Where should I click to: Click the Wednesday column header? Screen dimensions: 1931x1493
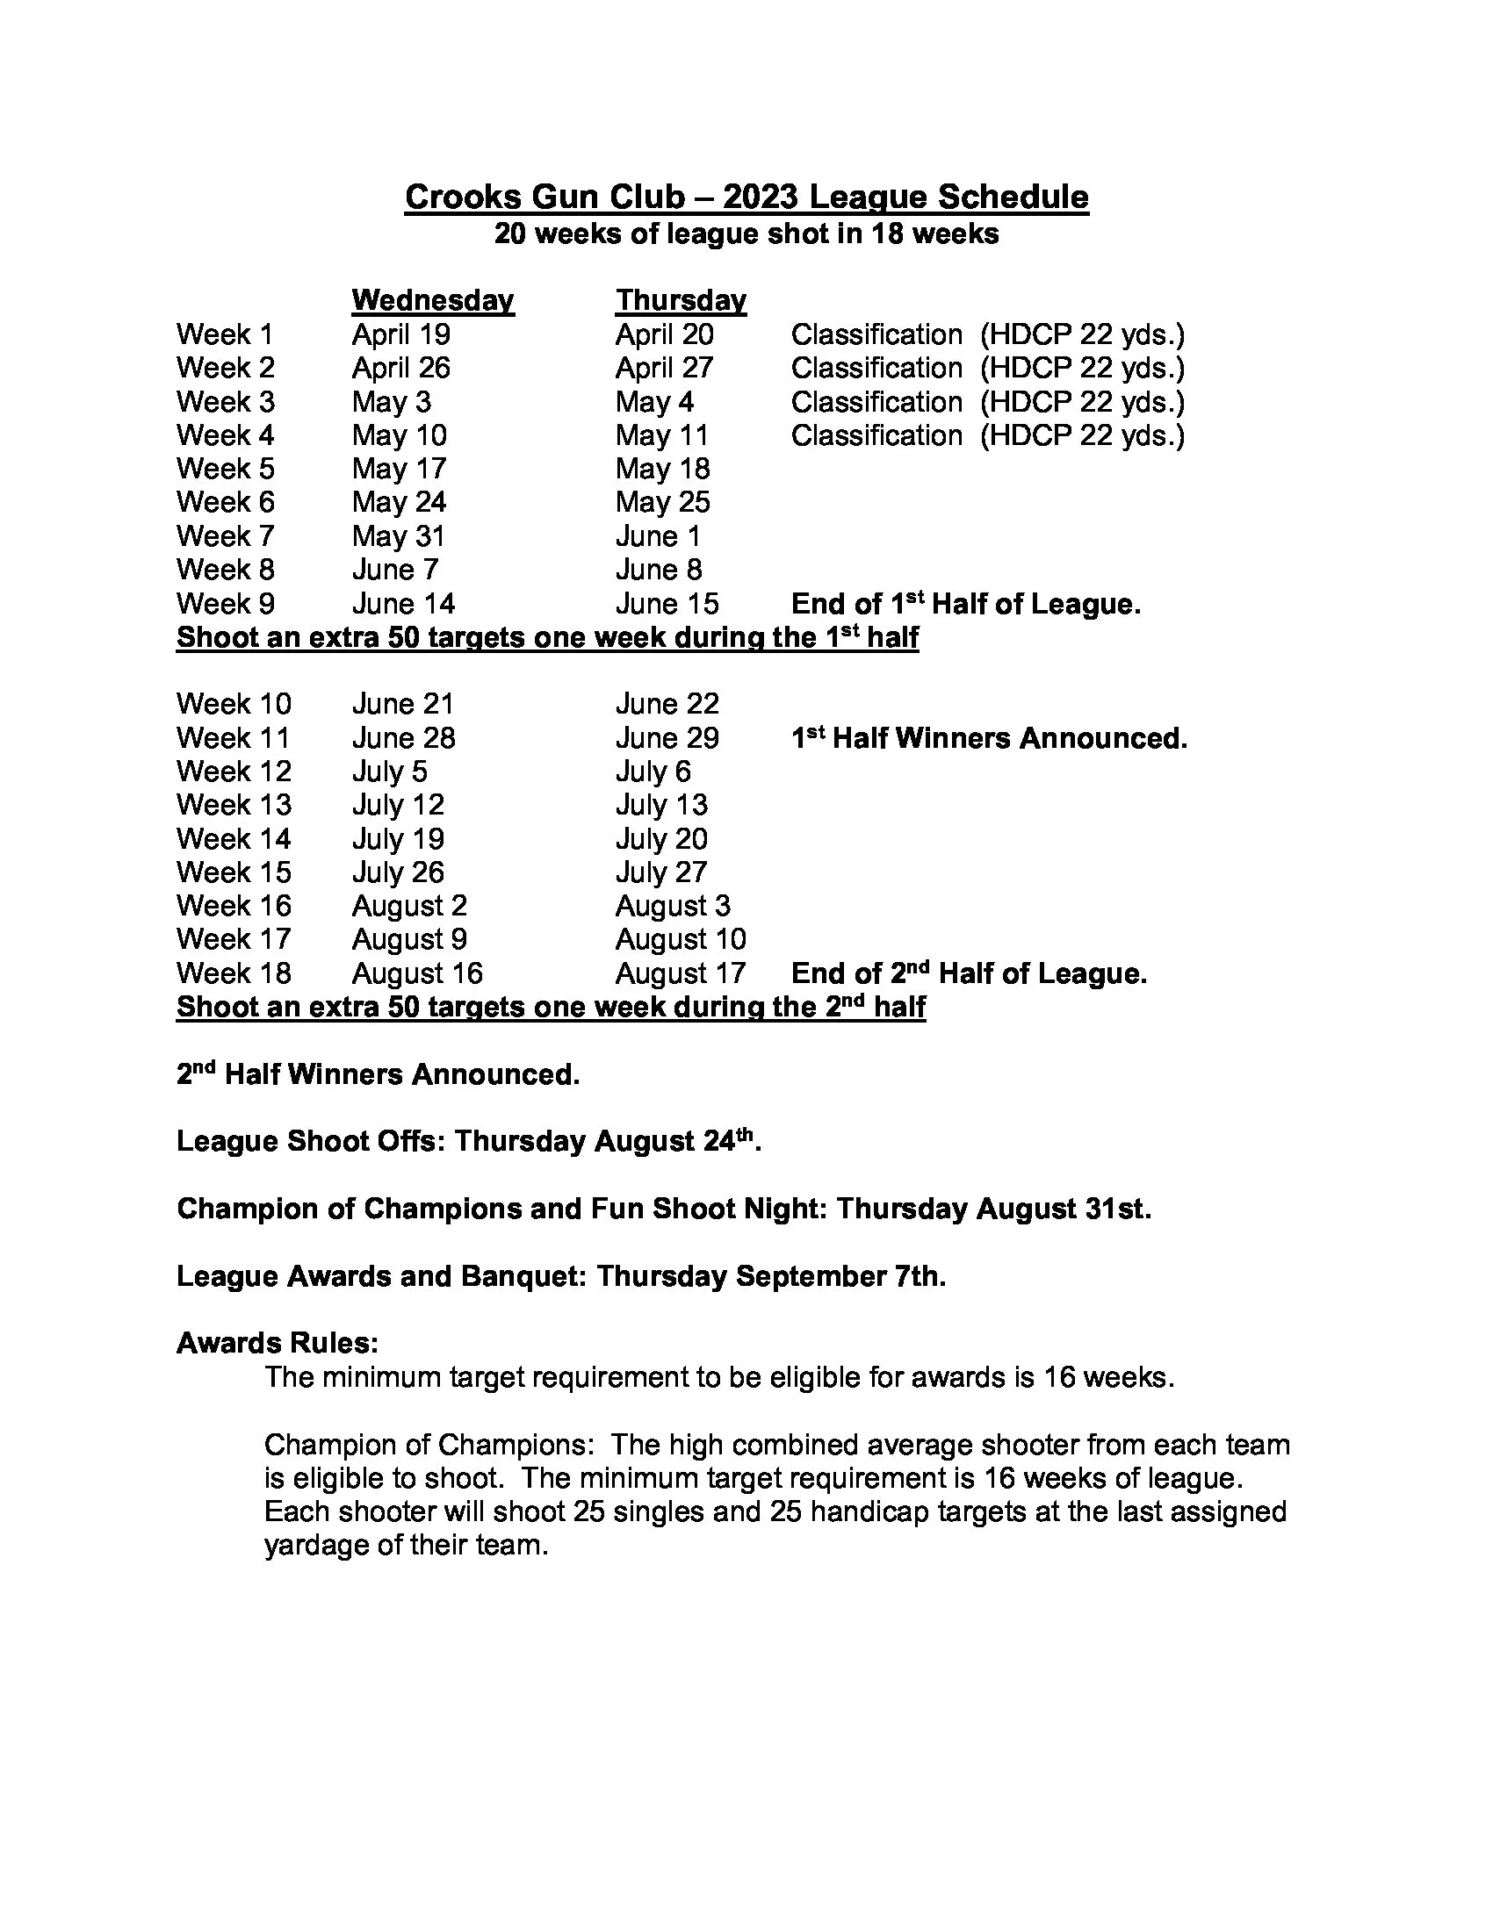coord(432,300)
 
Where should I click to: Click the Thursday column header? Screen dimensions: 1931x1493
coord(680,300)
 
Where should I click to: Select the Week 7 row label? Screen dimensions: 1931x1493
coord(225,536)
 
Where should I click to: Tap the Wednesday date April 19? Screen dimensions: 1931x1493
coord(400,335)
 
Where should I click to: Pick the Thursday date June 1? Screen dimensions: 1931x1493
coord(657,536)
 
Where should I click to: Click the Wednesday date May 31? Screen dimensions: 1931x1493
coord(398,536)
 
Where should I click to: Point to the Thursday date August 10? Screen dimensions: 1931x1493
coord(680,939)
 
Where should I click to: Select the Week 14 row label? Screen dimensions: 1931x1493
coord(234,839)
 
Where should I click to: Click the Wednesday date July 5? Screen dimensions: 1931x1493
coord(389,772)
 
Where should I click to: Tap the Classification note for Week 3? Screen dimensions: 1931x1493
coord(987,402)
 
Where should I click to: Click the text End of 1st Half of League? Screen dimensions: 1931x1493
coord(966,605)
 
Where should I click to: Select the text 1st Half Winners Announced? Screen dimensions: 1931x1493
coord(989,738)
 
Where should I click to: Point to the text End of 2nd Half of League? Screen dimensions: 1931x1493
coord(969,973)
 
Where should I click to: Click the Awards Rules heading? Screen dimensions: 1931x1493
coord(278,1343)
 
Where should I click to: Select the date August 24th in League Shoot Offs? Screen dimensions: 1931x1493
coord(676,1141)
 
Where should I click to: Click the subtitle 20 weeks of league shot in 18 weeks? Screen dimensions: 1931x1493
coord(746,234)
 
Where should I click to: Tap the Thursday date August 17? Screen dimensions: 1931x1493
coord(680,973)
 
